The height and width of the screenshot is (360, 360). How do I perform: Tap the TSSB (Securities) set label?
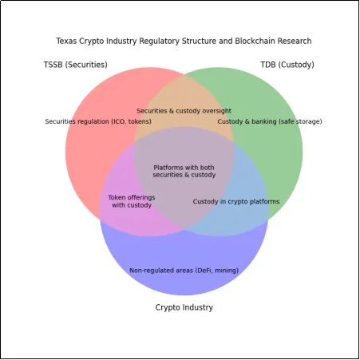click(76, 65)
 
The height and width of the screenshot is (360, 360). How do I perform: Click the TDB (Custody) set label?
click(287, 65)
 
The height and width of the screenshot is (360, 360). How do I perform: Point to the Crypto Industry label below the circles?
click(184, 307)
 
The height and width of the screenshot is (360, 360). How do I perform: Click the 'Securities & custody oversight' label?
click(184, 111)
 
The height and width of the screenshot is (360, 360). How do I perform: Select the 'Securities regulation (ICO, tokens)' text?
click(98, 121)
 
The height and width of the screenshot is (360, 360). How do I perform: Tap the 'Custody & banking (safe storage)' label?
click(270, 121)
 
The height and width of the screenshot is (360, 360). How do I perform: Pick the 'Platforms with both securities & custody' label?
click(184, 171)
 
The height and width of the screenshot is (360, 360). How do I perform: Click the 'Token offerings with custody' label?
click(132, 201)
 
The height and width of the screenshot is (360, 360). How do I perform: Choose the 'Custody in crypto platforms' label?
click(236, 201)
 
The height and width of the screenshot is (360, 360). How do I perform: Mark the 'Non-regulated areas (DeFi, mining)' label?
click(184, 271)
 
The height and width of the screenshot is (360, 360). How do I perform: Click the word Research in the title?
click(295, 41)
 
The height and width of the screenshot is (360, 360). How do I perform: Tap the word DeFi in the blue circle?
click(204, 271)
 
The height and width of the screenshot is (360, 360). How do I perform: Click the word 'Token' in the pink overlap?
click(116, 197)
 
